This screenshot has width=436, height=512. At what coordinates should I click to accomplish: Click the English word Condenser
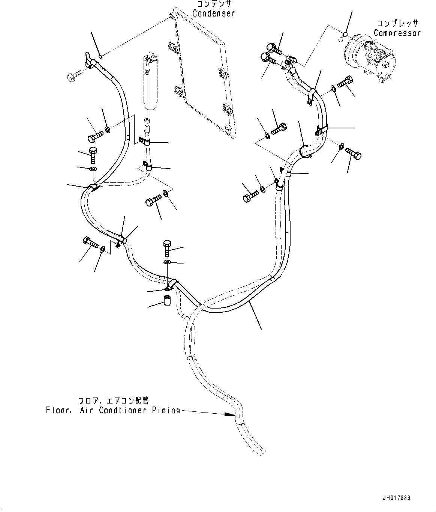point(214,13)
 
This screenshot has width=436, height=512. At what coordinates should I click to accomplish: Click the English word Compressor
point(397,33)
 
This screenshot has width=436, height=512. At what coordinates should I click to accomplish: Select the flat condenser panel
point(202,75)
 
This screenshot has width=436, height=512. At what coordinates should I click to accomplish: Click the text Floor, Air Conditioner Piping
point(112,410)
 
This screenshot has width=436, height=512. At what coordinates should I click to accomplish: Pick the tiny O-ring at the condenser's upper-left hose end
point(100,57)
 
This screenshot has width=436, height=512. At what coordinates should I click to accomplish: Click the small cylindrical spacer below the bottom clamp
point(167,301)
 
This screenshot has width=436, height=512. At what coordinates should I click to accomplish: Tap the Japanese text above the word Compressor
point(397,24)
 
